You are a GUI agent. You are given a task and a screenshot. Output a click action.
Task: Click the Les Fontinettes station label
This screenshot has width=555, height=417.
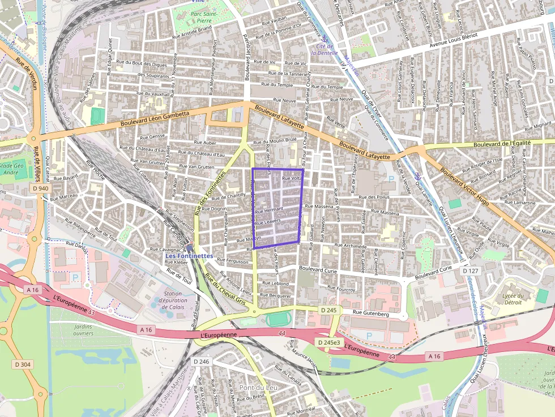click(x=189, y=256)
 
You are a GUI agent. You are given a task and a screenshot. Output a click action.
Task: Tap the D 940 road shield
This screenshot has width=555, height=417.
click(x=40, y=188)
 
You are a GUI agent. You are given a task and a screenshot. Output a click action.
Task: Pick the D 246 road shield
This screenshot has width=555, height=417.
click(x=201, y=362)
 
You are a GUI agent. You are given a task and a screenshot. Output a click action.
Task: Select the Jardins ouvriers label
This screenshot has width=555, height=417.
click(x=83, y=330)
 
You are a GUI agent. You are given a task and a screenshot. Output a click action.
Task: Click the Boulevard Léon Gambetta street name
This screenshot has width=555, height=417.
click(x=155, y=118)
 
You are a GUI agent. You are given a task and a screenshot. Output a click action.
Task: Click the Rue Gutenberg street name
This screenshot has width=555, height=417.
click(x=370, y=313)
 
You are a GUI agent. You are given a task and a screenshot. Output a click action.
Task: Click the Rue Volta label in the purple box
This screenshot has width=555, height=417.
click(x=292, y=178)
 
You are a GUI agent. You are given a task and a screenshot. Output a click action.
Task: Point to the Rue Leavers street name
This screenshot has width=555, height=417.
click(x=268, y=221)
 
